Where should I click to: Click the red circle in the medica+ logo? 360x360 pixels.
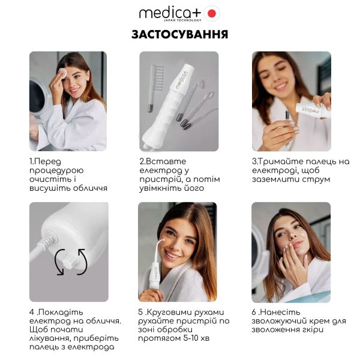tap(212, 13)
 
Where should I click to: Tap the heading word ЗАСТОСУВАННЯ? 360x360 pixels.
tap(179, 34)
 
